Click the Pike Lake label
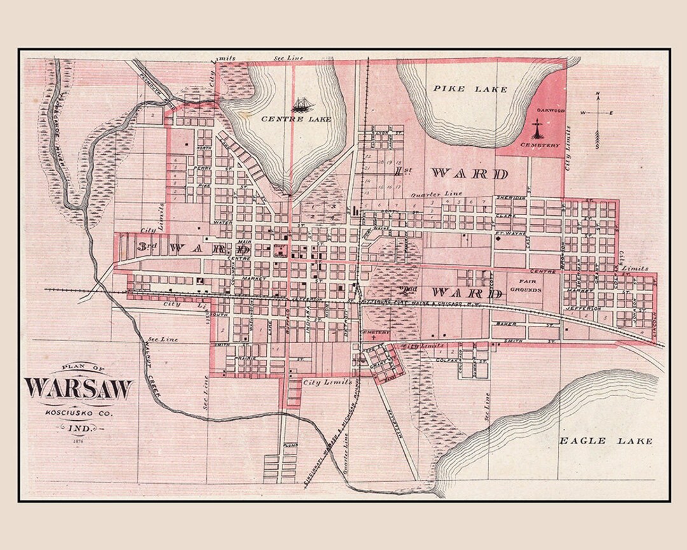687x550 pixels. click(471, 90)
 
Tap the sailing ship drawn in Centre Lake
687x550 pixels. click(300, 103)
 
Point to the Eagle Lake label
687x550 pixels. click(605, 441)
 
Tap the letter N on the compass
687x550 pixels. click(597, 95)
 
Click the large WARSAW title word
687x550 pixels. click(79, 388)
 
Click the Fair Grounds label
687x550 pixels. click(525, 285)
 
